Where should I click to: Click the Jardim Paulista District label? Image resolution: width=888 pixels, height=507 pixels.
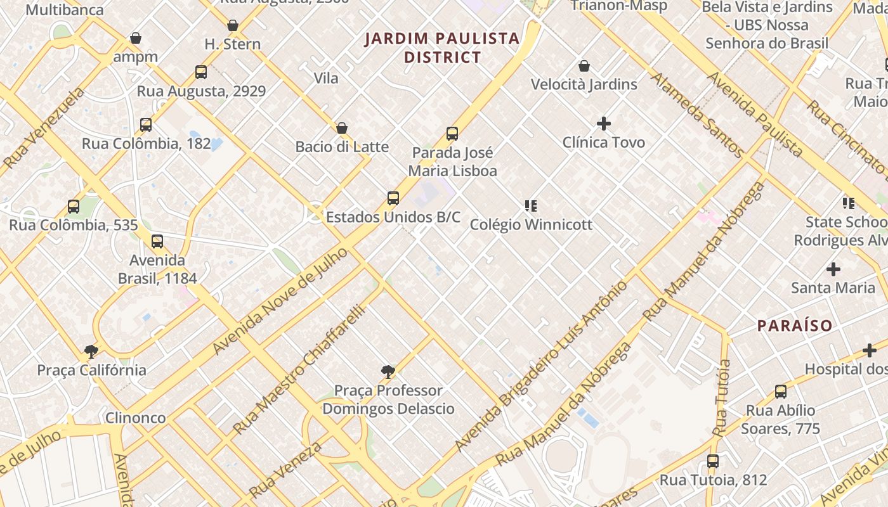443,48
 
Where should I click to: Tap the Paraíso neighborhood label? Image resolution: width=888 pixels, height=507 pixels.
795,326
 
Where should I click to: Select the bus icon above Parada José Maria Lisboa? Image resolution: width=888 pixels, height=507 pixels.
452,134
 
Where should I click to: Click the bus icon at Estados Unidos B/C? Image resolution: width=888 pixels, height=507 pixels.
393,198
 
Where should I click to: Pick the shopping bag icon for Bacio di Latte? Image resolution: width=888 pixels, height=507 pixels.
342,129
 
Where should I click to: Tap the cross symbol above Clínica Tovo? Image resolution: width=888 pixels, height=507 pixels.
604,124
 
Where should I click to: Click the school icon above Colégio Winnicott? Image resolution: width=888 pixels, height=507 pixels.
531,205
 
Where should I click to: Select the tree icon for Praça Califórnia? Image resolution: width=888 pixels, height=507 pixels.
91,351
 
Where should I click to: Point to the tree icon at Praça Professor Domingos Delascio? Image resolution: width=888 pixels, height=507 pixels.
388,372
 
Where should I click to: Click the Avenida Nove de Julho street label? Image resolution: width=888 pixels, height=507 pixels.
280,302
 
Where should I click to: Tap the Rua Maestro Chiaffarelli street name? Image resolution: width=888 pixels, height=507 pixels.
299,369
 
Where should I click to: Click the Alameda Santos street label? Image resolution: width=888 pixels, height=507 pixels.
698,115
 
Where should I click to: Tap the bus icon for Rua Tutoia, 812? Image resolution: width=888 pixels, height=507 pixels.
713,461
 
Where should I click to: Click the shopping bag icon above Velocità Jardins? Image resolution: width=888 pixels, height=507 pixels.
584,66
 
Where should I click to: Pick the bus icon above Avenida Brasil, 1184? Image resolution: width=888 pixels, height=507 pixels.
157,241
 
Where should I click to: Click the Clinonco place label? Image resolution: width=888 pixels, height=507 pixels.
135,418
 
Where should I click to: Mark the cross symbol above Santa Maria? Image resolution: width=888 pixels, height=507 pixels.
833,269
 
